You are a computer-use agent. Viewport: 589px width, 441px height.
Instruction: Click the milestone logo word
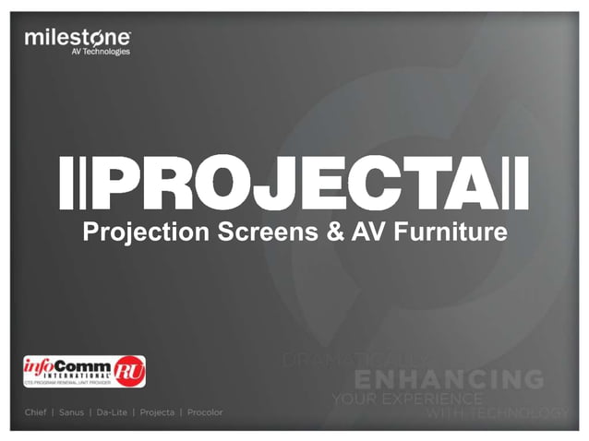click(78, 38)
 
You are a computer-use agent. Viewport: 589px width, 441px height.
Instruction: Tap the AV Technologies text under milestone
click(101, 53)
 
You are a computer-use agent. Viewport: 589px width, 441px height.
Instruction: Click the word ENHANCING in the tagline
click(449, 379)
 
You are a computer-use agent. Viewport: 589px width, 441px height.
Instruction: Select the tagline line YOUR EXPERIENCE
click(405, 399)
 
